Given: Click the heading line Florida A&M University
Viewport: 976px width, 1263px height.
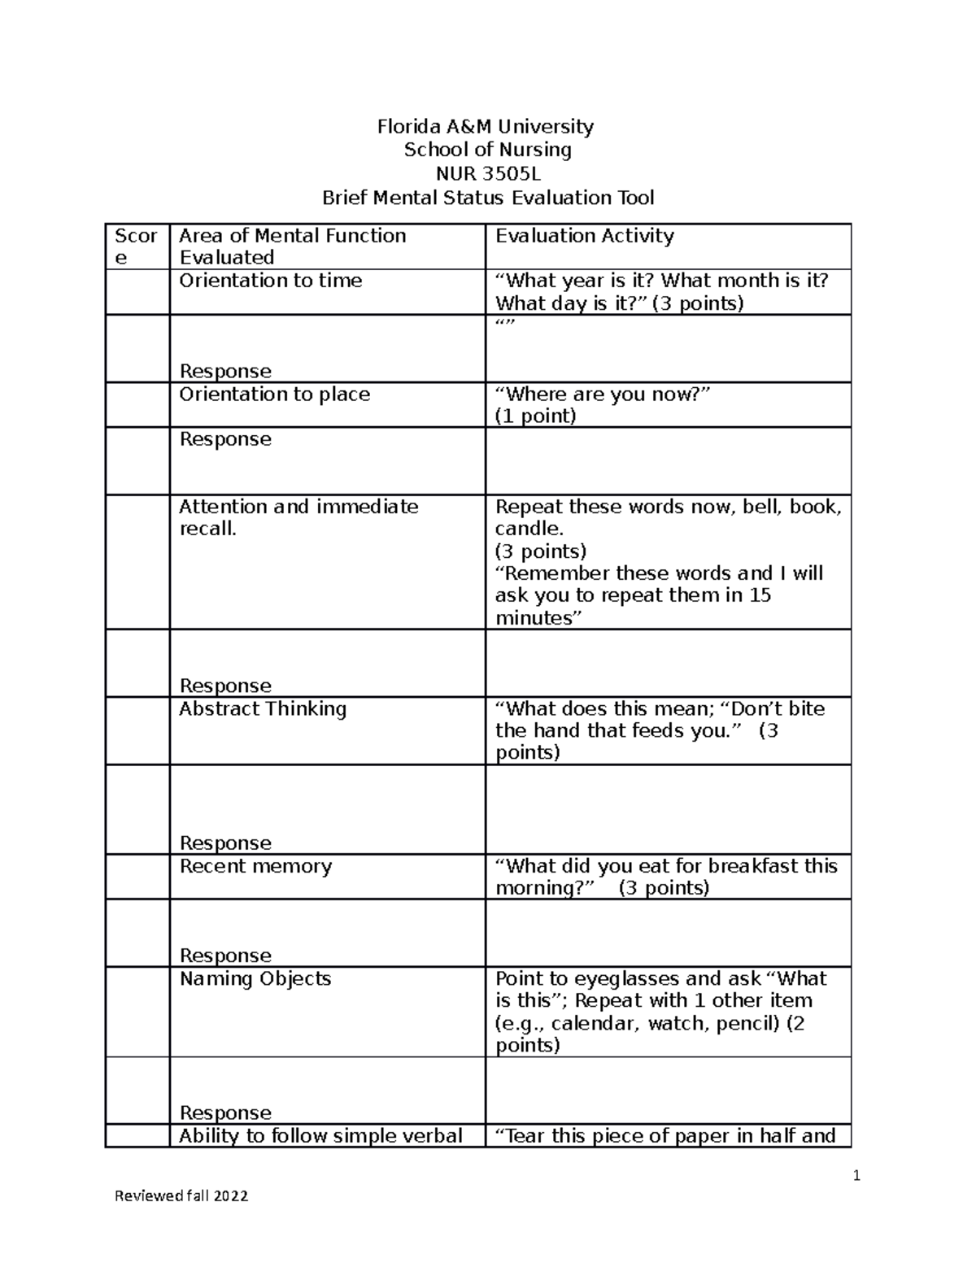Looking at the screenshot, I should pos(485,127).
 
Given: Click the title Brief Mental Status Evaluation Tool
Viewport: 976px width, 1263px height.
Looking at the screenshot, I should pos(488,198).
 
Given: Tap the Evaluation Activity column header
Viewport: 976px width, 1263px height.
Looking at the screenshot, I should pos(584,236).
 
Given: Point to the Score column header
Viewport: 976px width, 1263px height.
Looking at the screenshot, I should pos(136,246).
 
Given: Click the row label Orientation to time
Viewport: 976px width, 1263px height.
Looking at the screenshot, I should pos(270,281).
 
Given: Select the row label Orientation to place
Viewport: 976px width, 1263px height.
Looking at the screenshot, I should pos(274,394).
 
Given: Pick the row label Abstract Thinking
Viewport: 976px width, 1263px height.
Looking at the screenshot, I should pos(262,709).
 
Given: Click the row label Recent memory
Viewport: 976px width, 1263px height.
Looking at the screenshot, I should pos(255,866).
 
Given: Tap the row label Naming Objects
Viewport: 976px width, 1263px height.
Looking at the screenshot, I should pos(255,978).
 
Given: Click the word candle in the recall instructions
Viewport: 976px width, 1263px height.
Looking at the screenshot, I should pos(523,529).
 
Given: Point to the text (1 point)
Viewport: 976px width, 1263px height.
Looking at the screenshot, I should pos(535,416).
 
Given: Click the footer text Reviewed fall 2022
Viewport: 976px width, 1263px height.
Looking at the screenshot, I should pos(181,1195).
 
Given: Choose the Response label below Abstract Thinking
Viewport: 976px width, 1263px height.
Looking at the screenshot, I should pos(225,843).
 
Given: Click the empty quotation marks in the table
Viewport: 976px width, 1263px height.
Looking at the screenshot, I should pos(505,325).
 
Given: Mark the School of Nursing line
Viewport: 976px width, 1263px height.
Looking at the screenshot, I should pos(488,150).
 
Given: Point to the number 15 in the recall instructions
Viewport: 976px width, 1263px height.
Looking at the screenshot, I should pos(760,595).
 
